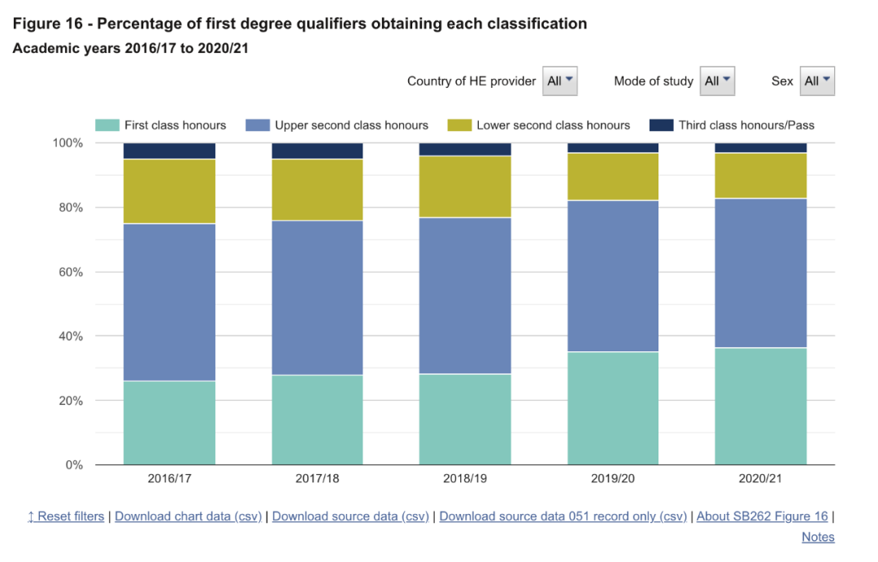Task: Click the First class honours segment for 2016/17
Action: tap(169, 423)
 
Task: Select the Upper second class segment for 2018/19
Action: tap(465, 295)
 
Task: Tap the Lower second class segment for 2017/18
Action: tap(317, 190)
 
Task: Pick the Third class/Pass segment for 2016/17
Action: tap(169, 151)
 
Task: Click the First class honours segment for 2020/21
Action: tap(761, 406)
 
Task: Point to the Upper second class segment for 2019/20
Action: tap(613, 276)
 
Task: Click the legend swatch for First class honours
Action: tap(106, 125)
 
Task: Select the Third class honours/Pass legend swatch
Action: tap(661, 125)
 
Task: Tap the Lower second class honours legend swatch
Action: tap(459, 125)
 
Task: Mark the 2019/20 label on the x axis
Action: tap(613, 479)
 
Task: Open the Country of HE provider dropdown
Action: tap(560, 81)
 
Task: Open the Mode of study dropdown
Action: tap(717, 81)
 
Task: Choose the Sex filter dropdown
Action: tap(817, 81)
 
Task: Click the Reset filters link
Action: tap(66, 516)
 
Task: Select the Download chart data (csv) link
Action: tap(189, 516)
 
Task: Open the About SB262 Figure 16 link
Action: tap(762, 516)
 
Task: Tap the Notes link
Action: tap(818, 537)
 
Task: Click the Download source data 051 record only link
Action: tap(563, 516)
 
